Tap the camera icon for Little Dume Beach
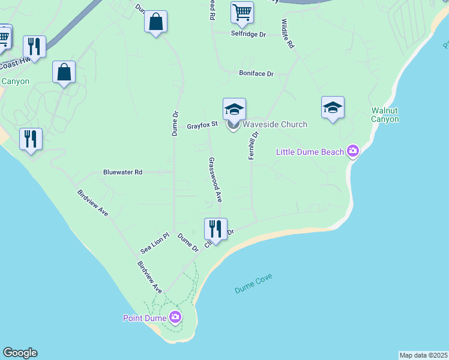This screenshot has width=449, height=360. [x=353, y=151]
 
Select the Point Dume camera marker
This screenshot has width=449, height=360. [x=175, y=317]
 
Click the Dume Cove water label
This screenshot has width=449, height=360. [x=253, y=284]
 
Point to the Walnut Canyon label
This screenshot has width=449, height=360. [x=385, y=115]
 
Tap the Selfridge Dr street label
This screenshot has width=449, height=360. [x=249, y=35]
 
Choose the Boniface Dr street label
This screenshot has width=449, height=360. [x=256, y=74]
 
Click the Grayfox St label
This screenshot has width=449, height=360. [x=202, y=127]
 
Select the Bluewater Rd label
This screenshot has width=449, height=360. [x=122, y=172]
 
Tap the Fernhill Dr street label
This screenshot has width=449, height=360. [x=253, y=146]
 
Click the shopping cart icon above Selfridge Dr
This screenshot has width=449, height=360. [x=242, y=12]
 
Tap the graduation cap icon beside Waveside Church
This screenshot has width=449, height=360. [x=234, y=109]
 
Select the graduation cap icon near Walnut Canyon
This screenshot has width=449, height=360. [x=333, y=107]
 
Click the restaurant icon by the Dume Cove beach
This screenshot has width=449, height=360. [x=215, y=229]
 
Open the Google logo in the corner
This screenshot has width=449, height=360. [x=20, y=353]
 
